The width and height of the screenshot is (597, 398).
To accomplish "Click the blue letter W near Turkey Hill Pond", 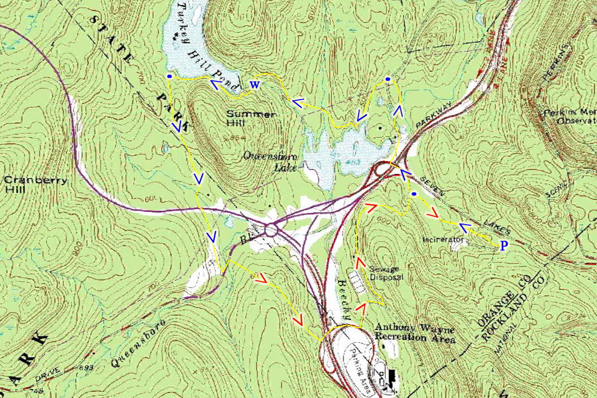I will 254,85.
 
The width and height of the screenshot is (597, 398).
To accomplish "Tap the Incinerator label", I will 443,240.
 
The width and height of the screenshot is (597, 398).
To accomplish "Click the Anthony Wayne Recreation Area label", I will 415,333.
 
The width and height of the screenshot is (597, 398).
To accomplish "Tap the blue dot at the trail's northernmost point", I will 388,79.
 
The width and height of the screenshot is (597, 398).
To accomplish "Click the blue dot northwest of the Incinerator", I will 414,194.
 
